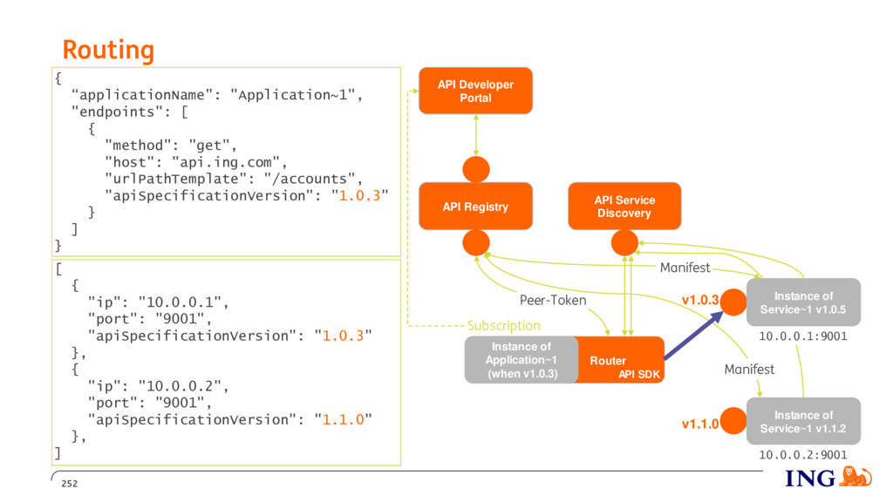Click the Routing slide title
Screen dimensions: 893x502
click(108, 50)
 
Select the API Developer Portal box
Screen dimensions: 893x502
click(475, 91)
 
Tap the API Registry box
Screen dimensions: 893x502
click(475, 207)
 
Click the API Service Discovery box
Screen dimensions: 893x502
click(624, 207)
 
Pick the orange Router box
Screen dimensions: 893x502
click(621, 360)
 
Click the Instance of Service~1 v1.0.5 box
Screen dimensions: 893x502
click(803, 302)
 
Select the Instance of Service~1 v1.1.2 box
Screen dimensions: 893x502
click(803, 421)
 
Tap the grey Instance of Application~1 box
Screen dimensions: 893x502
click(521, 360)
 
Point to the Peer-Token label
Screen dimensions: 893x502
click(552, 300)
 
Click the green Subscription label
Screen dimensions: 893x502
click(504, 326)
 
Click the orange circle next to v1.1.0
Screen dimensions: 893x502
click(733, 421)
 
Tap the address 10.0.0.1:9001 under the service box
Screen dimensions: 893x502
click(803, 336)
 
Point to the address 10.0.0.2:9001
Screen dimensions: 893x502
click(803, 455)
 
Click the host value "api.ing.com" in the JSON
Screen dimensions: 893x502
click(226, 163)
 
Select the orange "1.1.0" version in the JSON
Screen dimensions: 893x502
click(343, 420)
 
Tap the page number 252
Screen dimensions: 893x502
click(70, 484)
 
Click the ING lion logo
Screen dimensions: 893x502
click(856, 477)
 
